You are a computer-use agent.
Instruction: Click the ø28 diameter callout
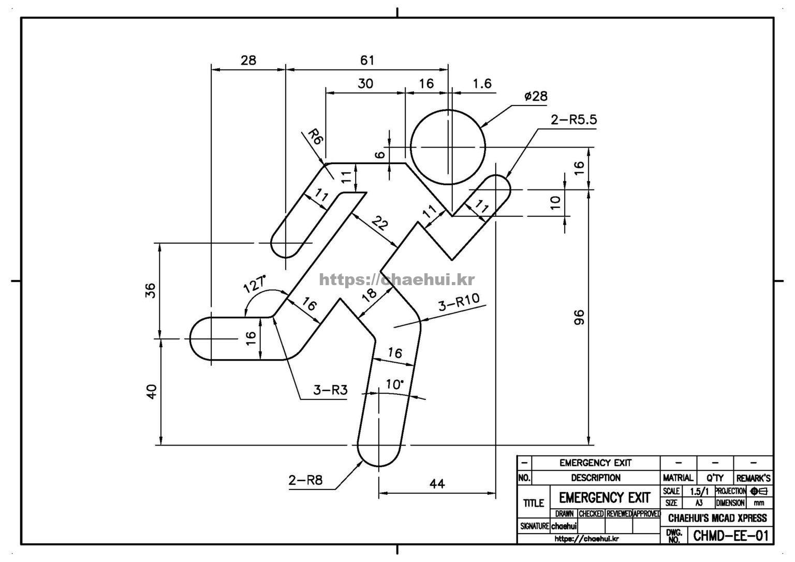(x=536, y=96)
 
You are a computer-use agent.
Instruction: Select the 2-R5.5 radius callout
(x=574, y=120)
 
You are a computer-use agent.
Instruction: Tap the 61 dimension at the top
(x=367, y=61)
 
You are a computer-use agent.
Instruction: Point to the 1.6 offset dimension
(x=482, y=84)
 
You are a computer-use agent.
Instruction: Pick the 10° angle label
(x=395, y=384)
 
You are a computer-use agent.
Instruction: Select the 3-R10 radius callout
(x=459, y=302)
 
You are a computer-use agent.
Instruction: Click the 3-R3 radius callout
(x=330, y=390)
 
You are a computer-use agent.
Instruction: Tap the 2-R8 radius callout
(x=305, y=480)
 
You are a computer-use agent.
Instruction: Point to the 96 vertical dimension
(x=579, y=317)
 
